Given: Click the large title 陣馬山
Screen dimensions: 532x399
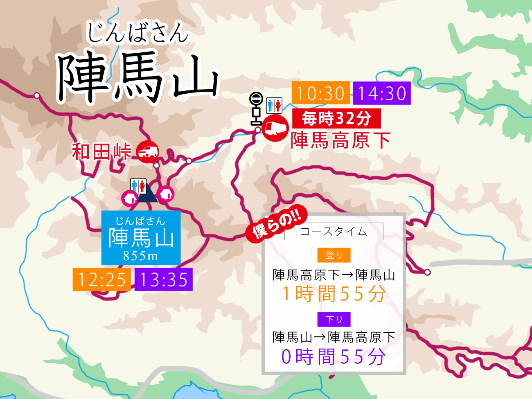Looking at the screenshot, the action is [x=138, y=78].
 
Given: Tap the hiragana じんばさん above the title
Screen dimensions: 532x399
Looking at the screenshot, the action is [x=138, y=33].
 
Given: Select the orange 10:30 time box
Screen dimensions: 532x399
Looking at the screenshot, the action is [x=320, y=93].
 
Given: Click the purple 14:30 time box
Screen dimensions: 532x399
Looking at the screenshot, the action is [x=382, y=93].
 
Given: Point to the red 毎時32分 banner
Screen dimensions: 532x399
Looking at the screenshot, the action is [x=336, y=119].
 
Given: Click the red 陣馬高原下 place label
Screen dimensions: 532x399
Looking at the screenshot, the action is [x=340, y=140].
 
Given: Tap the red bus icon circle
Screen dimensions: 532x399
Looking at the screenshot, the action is [x=275, y=128].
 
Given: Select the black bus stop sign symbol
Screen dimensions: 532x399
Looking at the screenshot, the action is [x=256, y=108].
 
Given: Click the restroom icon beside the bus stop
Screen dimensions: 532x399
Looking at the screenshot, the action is [x=274, y=105].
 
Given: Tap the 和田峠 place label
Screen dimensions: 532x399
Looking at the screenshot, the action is [x=101, y=151].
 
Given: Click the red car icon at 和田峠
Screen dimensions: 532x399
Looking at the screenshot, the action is [x=147, y=152].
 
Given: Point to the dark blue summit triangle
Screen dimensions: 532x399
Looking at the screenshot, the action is [x=147, y=195].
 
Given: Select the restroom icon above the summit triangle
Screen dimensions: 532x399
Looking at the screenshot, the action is [x=138, y=186].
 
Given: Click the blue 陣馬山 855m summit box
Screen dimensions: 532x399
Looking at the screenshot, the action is [x=141, y=238].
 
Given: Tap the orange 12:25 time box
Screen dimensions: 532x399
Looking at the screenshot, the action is [x=101, y=280].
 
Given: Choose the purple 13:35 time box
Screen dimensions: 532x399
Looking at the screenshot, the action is [x=163, y=280].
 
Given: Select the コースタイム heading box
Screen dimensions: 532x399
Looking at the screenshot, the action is [x=334, y=231].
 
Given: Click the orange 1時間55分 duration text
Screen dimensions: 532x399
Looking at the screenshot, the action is [x=334, y=294].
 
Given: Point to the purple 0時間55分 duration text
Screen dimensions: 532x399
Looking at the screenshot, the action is [x=333, y=356].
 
